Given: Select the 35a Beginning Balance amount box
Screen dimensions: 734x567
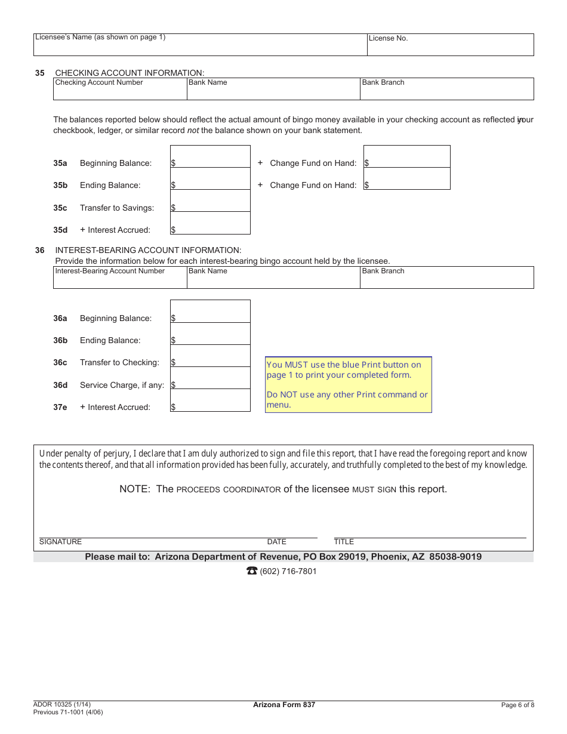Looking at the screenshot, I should click(x=210, y=157).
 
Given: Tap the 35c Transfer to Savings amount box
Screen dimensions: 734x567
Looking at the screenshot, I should click(x=210, y=202).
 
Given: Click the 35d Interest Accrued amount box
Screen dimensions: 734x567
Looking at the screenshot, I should click(x=210, y=224).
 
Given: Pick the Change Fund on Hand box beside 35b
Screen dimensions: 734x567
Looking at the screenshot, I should click(x=406, y=179).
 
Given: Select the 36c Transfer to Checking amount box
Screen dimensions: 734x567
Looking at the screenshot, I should click(x=210, y=356).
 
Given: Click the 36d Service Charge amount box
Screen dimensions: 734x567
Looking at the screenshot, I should click(x=210, y=378).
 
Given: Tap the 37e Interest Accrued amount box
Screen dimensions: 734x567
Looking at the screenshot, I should click(x=210, y=400).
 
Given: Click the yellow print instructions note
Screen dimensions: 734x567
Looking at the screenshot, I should click(x=348, y=385).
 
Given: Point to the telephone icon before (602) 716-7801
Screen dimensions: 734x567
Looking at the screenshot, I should click(x=252, y=571).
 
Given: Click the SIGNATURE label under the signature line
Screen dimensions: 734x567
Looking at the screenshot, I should click(x=60, y=542).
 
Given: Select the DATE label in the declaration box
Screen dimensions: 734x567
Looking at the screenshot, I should click(x=276, y=542).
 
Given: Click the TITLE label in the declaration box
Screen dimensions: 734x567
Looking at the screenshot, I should click(x=344, y=542).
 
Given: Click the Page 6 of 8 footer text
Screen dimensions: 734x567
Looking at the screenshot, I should click(x=517, y=705).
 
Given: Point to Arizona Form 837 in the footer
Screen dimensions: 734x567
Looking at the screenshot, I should click(x=284, y=705).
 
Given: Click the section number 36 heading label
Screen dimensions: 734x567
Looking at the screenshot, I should click(x=39, y=250).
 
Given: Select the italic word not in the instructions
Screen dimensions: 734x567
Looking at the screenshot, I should click(x=193, y=130).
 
